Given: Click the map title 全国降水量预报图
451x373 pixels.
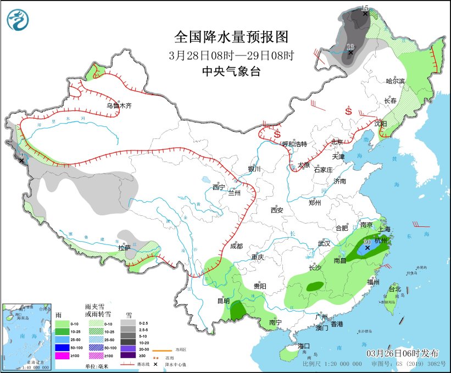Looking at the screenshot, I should [231, 37].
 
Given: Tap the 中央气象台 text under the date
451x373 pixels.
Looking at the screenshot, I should [231, 71].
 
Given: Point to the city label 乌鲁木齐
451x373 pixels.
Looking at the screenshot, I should [119, 105].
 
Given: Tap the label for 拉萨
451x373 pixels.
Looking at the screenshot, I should [124, 248].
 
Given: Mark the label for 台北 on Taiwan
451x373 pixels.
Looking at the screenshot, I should [394, 289].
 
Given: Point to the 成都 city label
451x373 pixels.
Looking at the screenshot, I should [237, 247].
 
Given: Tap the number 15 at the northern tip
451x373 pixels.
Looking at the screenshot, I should [365, 8].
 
